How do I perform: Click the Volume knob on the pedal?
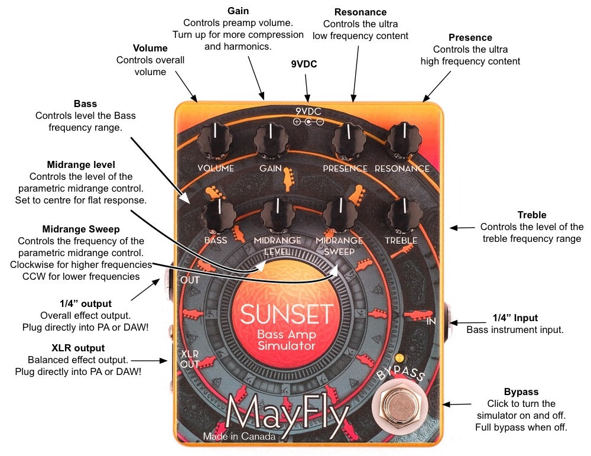click(x=216, y=140)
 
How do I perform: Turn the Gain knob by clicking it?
click(x=271, y=141)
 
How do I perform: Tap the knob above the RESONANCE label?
click(x=403, y=141)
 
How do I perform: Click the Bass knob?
click(x=216, y=214)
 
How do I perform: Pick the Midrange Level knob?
click(x=277, y=214)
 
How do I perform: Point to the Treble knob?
click(x=403, y=215)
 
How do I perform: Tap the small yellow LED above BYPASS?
click(x=402, y=358)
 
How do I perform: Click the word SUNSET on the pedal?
click(x=287, y=312)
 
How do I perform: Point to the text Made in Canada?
click(x=239, y=437)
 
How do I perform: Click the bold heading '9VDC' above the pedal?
click(x=304, y=64)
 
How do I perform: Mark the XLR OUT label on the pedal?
click(x=189, y=358)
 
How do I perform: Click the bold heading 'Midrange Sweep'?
click(x=81, y=229)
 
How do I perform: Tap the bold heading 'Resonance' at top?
click(x=361, y=12)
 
